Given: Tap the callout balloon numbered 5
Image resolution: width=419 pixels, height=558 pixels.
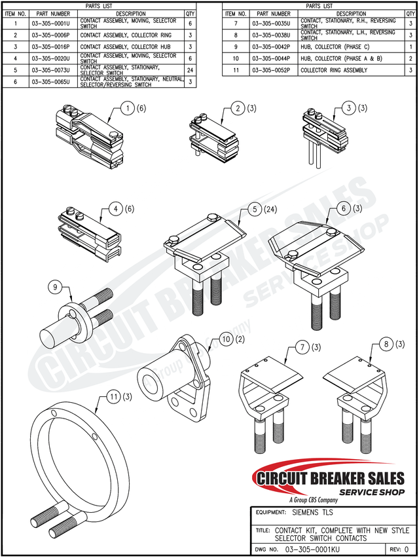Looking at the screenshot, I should coord(253,210).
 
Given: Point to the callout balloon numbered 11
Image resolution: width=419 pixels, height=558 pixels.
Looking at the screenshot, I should coord(115,397).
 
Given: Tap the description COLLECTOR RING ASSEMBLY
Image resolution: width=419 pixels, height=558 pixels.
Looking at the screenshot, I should coord(333,70).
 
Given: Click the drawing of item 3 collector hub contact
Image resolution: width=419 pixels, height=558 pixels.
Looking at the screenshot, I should coord(318,134).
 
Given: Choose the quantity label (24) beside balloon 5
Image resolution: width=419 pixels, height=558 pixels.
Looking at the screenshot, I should coord(271,210).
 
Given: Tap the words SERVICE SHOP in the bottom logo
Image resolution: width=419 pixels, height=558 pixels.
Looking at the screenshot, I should coord(371,492).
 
